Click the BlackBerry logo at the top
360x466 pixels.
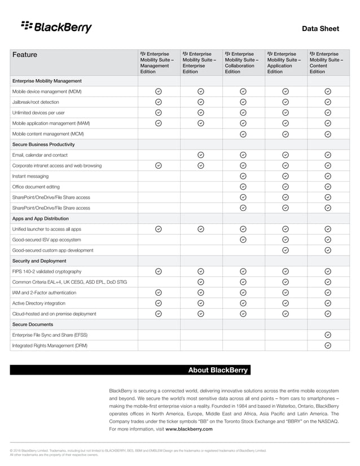[x=56, y=27]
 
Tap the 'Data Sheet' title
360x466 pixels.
[x=321, y=28]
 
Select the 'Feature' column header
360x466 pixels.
[x=25, y=55]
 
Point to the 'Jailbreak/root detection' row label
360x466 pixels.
[x=36, y=102]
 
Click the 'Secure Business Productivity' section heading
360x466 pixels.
[x=43, y=144]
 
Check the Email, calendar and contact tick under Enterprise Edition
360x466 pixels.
[x=201, y=155]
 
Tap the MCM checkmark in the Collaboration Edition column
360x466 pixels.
[x=243, y=134]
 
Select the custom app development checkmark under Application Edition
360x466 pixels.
[x=286, y=250]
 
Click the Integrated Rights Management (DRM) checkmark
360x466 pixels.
[x=328, y=345]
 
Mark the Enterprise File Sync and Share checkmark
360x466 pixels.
[x=328, y=335]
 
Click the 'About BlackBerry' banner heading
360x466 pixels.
[x=218, y=370]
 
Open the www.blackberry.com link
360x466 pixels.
[x=189, y=429]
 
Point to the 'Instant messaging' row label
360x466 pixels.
[x=30, y=176]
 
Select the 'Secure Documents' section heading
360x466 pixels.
[x=33, y=324]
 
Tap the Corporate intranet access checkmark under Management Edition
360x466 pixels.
[x=159, y=165]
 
